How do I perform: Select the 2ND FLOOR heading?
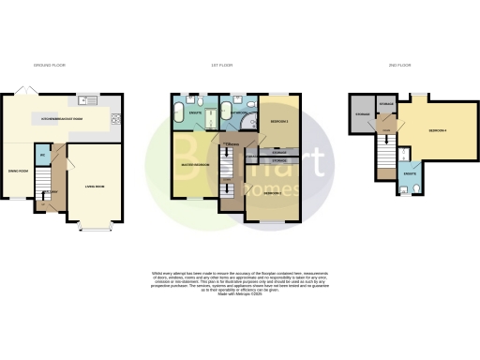[399, 65]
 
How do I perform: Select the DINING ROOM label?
[20, 171]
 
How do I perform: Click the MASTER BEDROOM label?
[194, 166]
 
